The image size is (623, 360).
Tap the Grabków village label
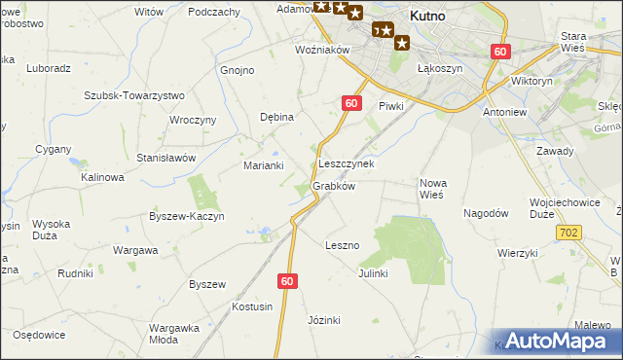tap(333, 186)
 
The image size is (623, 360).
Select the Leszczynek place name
tap(346, 164)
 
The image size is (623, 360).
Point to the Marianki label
tap(263, 165)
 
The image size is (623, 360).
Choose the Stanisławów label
tap(166, 157)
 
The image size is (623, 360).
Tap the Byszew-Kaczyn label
tap(187, 216)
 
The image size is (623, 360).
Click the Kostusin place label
tap(251, 306)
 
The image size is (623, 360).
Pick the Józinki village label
tap(323, 320)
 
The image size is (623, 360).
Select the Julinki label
tap(373, 273)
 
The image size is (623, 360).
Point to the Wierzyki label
tap(517, 253)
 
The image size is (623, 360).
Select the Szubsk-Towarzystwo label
tap(134, 95)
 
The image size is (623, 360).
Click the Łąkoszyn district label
tap(439, 69)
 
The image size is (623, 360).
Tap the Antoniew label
tap(504, 111)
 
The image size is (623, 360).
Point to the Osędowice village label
tap(39, 335)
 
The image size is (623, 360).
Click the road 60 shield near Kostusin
tap(285, 281)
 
